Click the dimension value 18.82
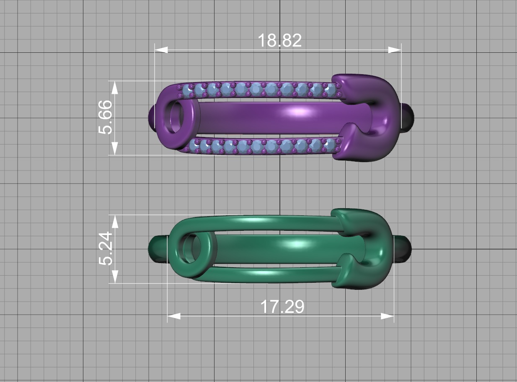[x=279, y=41]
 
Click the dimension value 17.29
[x=282, y=307]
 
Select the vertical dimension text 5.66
[x=105, y=117]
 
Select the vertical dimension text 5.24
[x=105, y=248]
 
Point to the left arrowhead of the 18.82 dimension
[x=161, y=50]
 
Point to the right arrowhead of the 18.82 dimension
[x=395, y=50]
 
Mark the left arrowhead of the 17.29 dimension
[x=174, y=316]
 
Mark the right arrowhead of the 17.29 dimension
[x=388, y=316]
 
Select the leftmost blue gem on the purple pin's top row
[x=186, y=90]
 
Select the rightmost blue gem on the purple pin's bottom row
[x=329, y=145]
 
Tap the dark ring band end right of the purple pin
[x=408, y=119]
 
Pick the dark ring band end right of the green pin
[x=403, y=249]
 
